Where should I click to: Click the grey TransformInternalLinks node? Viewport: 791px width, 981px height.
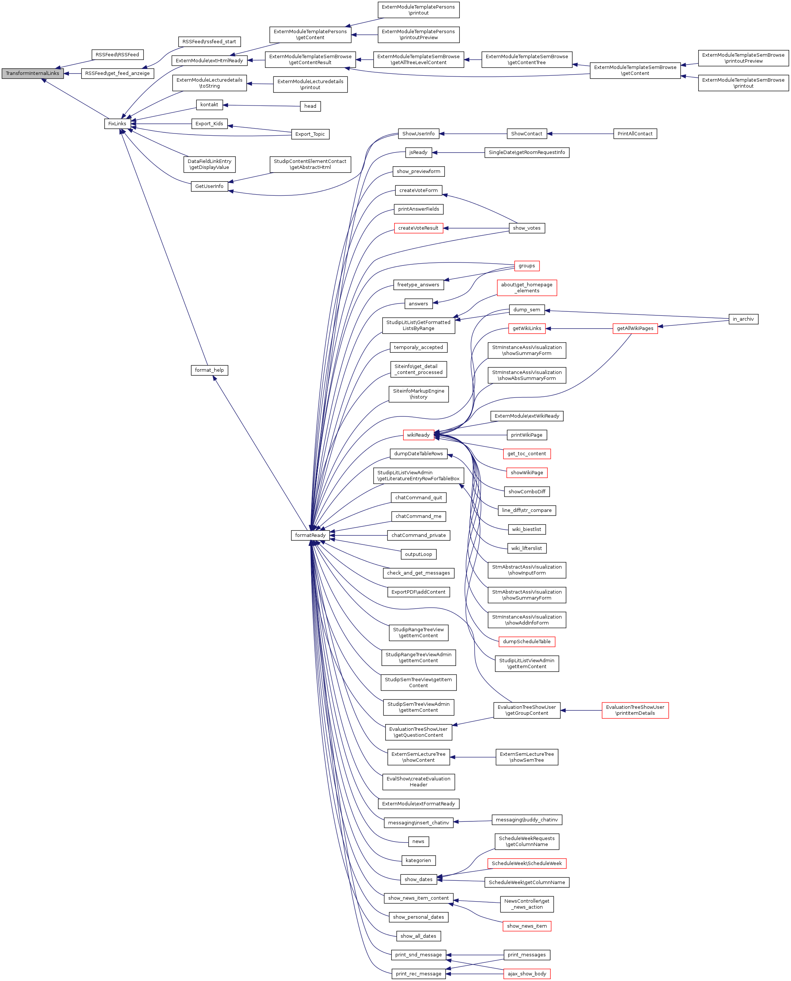[32, 73]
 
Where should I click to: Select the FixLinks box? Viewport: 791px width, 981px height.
[117, 123]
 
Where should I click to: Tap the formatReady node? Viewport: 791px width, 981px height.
[310, 535]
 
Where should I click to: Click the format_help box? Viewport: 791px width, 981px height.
[209, 370]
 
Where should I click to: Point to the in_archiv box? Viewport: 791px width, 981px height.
[743, 319]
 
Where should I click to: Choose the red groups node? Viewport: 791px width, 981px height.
[527, 266]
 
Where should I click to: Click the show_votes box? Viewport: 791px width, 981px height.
[527, 228]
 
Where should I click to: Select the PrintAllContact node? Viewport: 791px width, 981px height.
[635, 133]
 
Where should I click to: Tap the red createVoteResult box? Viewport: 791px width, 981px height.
[418, 228]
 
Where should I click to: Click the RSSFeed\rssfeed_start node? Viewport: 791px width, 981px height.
[209, 41]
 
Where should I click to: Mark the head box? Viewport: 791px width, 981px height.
[310, 106]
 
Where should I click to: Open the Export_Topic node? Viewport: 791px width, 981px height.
[310, 134]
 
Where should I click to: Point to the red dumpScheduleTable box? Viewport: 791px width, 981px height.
[527, 641]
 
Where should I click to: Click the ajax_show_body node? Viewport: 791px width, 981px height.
[527, 974]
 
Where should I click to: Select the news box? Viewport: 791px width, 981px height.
[418, 842]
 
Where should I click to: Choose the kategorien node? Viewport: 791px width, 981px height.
[418, 860]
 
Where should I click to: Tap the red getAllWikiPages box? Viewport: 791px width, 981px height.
[635, 328]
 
